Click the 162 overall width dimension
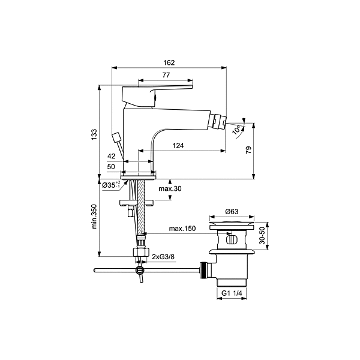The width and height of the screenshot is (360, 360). click(169, 62)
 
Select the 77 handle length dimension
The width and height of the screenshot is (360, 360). click(166, 75)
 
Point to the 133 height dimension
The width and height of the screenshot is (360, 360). click(94, 135)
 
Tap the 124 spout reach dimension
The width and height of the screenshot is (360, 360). click(178, 145)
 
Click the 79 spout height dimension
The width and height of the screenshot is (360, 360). click(248, 150)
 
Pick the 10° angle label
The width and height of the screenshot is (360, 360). click(236, 130)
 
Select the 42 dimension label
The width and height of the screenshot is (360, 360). click(112, 156)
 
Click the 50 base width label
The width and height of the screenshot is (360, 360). click(111, 166)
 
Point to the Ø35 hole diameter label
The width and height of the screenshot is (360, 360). click(111, 185)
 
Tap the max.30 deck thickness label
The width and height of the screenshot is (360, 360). click(170, 188)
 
